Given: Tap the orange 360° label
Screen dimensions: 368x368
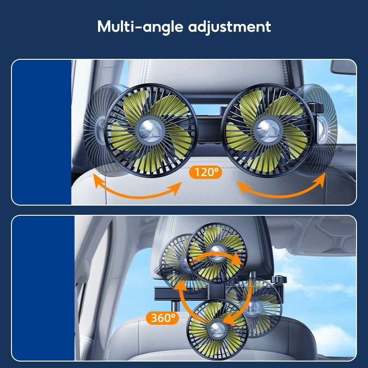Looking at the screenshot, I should coord(162,317).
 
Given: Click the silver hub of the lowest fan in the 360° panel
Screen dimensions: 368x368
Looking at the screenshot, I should coord(217,328).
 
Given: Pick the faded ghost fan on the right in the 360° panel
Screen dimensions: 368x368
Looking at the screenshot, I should coord(255,304).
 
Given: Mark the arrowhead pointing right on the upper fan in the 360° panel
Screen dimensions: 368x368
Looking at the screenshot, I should coord(238,260).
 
